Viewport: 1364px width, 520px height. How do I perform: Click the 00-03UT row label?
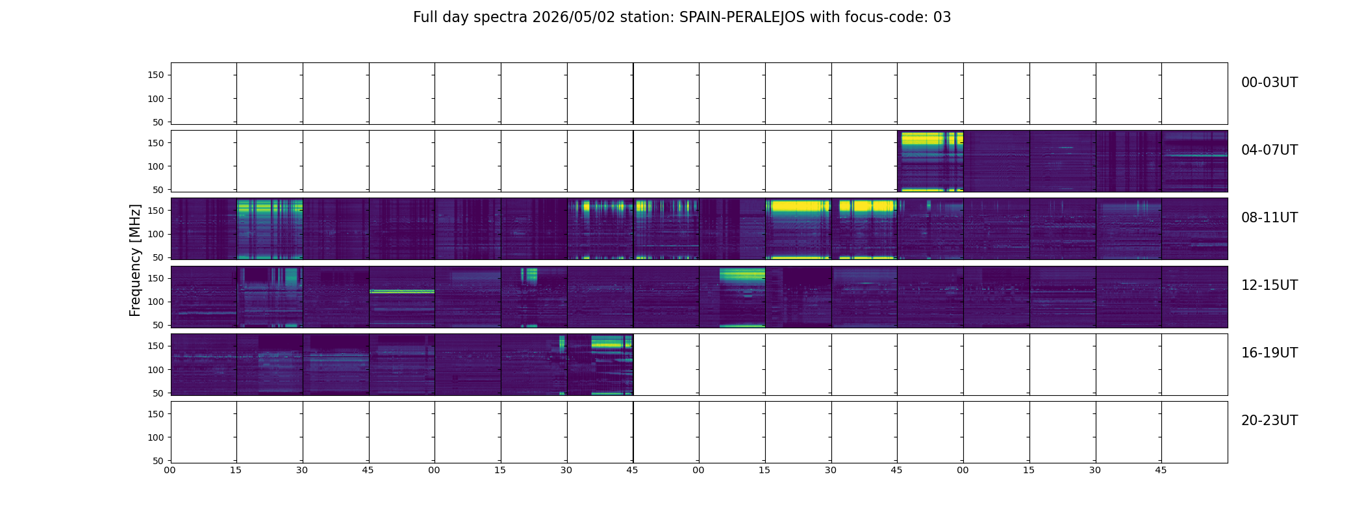[1269, 83]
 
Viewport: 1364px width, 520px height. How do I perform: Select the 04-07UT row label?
[1269, 150]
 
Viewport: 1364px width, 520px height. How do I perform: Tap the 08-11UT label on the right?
[1269, 218]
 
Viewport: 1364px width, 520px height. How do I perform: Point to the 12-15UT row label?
[1269, 285]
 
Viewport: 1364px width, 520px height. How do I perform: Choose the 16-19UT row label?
[1269, 353]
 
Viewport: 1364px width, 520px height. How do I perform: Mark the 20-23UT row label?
[1269, 421]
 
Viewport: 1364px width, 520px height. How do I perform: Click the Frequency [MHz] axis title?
[135, 261]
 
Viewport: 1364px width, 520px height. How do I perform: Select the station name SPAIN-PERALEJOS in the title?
[740, 18]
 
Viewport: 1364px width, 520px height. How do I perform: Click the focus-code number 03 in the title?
[942, 18]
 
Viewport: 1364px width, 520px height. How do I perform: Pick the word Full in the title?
[425, 18]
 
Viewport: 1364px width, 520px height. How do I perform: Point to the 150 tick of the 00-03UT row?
[156, 75]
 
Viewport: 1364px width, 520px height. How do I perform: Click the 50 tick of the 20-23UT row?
[158, 461]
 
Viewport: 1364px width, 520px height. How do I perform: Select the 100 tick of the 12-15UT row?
[156, 302]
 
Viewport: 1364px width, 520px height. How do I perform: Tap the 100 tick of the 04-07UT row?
[156, 166]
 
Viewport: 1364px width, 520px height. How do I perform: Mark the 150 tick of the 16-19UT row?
[156, 346]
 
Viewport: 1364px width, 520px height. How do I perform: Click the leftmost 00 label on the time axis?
[170, 470]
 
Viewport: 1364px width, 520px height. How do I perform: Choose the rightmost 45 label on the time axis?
[1161, 470]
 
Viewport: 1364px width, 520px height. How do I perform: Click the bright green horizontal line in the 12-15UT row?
[402, 291]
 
